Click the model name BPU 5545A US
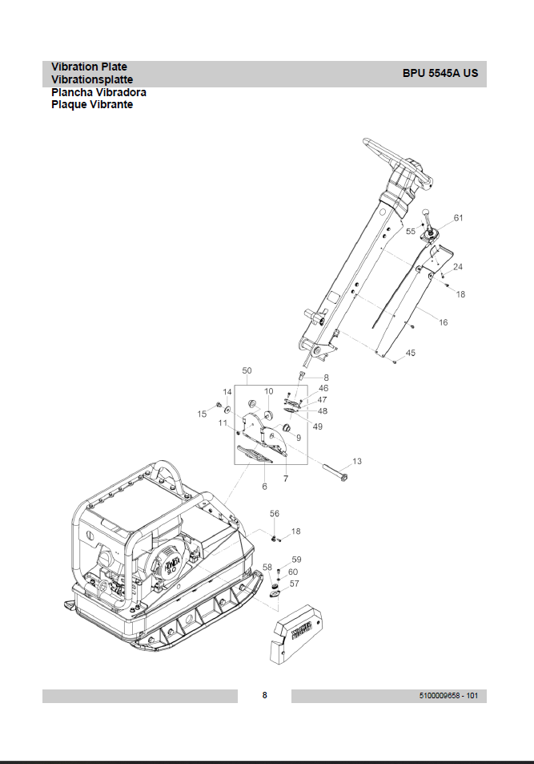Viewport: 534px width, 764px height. click(x=440, y=74)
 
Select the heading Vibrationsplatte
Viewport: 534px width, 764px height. click(x=92, y=79)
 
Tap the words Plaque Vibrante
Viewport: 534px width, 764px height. click(x=92, y=104)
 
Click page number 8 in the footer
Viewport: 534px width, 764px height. click(x=265, y=695)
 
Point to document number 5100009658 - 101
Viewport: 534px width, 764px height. click(x=448, y=696)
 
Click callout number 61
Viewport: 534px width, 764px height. click(x=459, y=218)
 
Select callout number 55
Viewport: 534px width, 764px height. click(x=411, y=231)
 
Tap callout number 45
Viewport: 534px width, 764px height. click(x=411, y=353)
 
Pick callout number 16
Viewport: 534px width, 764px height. click(x=443, y=322)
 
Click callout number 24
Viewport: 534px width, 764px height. click(x=458, y=266)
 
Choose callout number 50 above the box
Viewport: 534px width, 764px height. click(x=247, y=370)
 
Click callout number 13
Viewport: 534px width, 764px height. click(x=357, y=461)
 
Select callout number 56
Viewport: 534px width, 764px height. click(x=275, y=514)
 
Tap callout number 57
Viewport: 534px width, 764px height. click(x=294, y=584)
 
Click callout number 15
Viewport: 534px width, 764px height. click(x=202, y=414)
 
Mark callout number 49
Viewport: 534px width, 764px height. click(x=317, y=426)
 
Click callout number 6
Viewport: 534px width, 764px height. click(x=264, y=487)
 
